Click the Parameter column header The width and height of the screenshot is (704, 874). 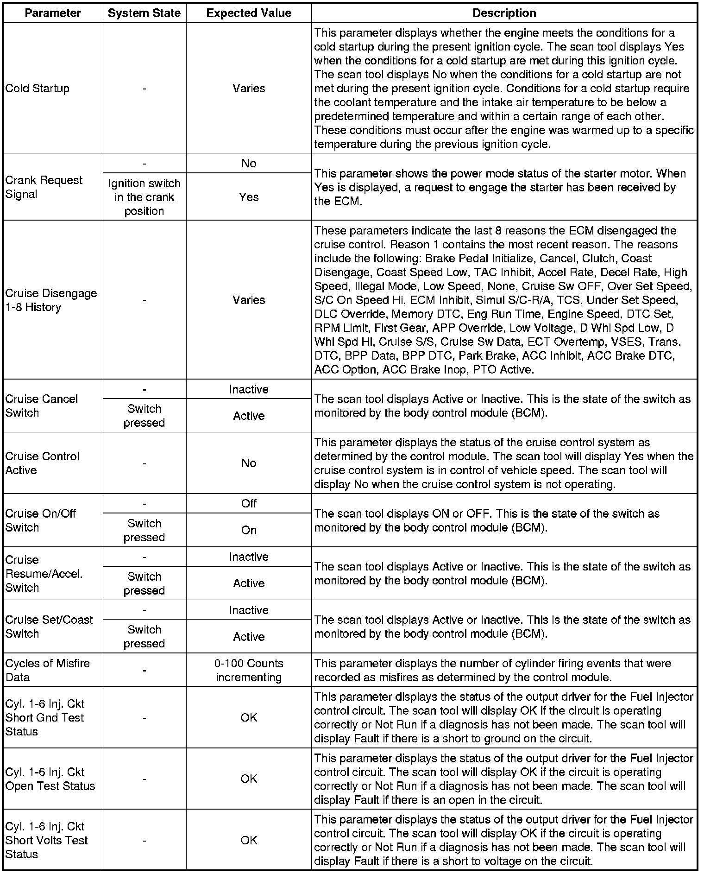53,13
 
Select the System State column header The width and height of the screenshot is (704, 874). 144,13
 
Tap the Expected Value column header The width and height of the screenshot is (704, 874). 249,13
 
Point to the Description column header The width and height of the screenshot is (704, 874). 504,13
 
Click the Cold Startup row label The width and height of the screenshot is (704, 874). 38,89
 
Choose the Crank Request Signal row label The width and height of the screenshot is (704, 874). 44,187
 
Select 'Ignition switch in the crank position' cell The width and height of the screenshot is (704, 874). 144,197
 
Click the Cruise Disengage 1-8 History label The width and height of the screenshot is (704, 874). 51,300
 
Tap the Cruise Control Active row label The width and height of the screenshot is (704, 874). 42,463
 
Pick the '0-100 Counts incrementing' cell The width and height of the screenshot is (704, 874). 249,670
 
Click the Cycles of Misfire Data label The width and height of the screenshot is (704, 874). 47,670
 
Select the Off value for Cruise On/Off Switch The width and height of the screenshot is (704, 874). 249,504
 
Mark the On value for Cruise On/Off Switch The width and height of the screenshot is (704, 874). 249,530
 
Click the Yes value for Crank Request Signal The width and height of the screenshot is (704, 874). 249,197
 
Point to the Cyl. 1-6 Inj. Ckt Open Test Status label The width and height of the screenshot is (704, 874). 50,779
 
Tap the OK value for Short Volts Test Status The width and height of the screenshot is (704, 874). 249,840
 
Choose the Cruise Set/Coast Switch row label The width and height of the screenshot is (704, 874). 49,627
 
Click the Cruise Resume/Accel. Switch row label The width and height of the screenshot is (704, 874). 44,574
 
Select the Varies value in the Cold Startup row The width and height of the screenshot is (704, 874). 249,89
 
